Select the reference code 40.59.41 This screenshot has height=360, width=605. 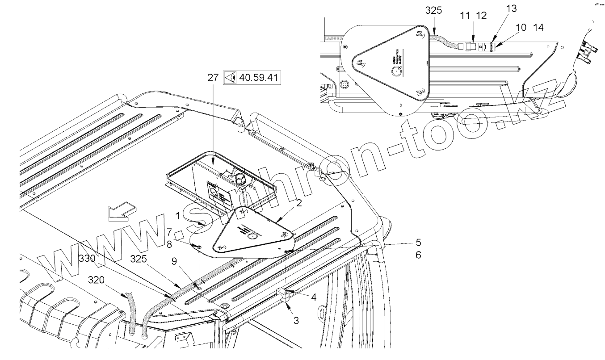259,78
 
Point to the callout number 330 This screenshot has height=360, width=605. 87,258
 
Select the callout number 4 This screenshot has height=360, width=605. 314,296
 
